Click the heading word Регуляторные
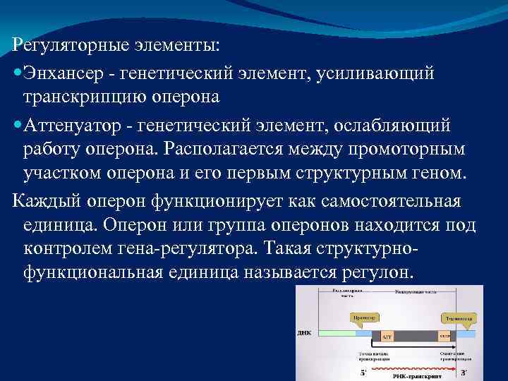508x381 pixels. tap(69, 44)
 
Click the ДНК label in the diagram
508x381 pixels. tap(304, 332)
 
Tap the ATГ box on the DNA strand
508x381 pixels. tap(387, 338)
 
